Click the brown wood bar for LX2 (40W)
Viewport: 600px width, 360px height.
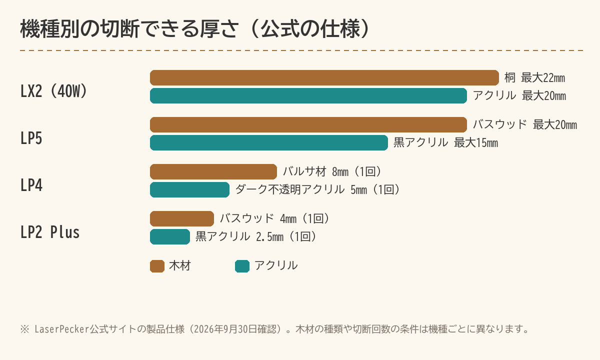tap(324, 77)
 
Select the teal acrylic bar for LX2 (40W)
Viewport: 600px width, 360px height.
tap(308, 95)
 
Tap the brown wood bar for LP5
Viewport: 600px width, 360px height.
tap(308, 125)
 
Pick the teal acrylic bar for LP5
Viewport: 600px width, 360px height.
tap(269, 143)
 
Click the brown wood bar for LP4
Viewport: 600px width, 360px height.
tap(213, 171)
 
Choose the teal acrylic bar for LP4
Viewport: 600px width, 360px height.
tap(189, 189)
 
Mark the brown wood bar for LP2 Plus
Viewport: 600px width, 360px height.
tap(182, 219)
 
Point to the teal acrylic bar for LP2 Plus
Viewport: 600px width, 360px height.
tap(170, 237)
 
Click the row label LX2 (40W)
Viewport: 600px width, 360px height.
tap(54, 91)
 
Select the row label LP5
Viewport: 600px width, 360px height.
tap(31, 138)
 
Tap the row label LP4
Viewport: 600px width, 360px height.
tap(31, 185)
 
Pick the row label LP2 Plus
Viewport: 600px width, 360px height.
tap(50, 232)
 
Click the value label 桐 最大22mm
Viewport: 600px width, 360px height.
tap(535, 78)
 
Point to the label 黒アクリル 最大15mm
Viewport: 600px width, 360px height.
tap(445, 143)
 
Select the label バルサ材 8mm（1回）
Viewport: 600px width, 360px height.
tap(332, 171)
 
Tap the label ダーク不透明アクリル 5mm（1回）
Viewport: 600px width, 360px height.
tap(317, 189)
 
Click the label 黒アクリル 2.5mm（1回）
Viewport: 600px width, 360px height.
tap(256, 237)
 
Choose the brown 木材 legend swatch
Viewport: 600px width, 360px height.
tap(157, 266)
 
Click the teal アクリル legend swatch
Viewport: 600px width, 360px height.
tap(242, 266)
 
